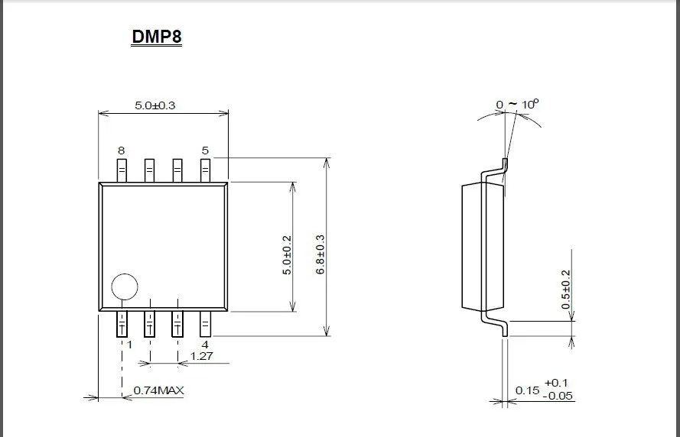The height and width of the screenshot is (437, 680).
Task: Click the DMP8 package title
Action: coord(157,37)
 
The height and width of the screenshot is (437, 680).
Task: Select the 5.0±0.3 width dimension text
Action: coord(155,105)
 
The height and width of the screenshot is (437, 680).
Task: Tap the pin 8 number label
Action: coord(121,151)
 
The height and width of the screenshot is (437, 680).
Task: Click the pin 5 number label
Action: coord(205,151)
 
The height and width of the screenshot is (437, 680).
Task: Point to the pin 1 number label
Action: coord(129,345)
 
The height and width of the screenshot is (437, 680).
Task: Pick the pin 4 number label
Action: coord(205,345)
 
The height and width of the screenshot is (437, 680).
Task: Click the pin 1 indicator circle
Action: coord(125,287)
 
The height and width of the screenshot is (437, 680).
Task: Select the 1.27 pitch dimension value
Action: coord(201,356)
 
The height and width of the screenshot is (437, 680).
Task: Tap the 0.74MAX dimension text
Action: coord(159,390)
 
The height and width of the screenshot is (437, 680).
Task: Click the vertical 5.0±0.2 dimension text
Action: coord(287,254)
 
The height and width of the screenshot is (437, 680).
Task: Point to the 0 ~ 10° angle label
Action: coord(517,103)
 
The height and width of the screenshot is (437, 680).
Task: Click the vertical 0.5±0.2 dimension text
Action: coord(566,289)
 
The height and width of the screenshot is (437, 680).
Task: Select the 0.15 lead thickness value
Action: coord(527,390)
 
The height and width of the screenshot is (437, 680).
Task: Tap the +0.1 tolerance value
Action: coord(556,382)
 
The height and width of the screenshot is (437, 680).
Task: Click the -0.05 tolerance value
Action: coord(559,396)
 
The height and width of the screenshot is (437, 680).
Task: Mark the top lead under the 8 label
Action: coord(121,170)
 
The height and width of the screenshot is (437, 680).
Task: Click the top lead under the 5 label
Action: coord(205,170)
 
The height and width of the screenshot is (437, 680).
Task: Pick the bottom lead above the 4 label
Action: coord(205,324)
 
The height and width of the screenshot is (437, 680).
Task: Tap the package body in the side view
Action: coord(473,246)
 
